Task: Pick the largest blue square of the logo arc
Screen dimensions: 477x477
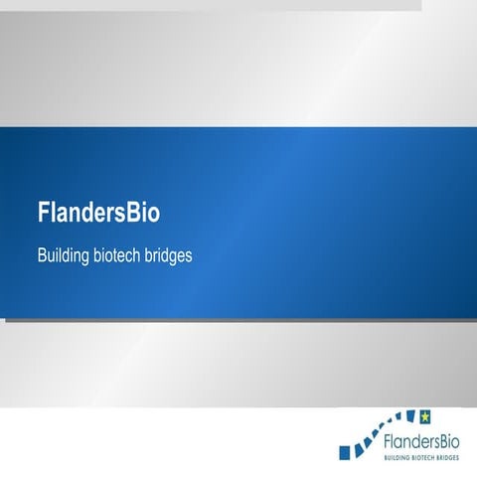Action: (x=345, y=453)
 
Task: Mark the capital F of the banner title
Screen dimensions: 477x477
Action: (x=43, y=214)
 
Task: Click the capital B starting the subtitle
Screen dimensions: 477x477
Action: (x=42, y=255)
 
